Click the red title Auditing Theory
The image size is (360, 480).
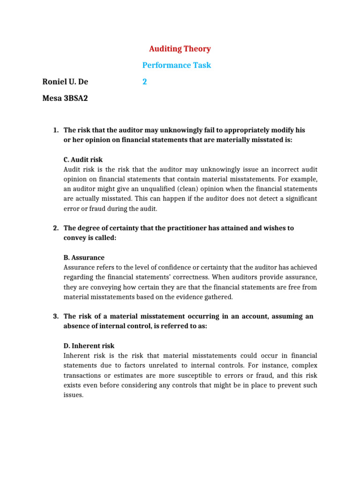[180, 49]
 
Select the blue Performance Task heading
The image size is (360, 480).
[177, 65]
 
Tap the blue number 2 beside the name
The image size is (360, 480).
[145, 82]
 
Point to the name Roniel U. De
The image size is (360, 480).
[65, 82]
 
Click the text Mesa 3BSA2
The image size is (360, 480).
[65, 98]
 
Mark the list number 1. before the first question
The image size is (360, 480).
[55, 129]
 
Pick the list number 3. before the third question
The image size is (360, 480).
[55, 316]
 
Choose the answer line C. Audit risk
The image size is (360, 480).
[83, 159]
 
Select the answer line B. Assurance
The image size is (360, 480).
[84, 258]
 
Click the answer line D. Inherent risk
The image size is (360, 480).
[89, 346]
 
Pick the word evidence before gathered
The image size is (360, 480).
[184, 297]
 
